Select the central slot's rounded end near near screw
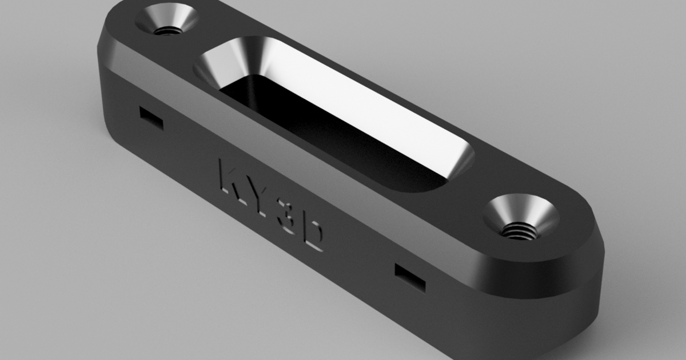pos(457,166)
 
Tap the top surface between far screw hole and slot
pos(189,46)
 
